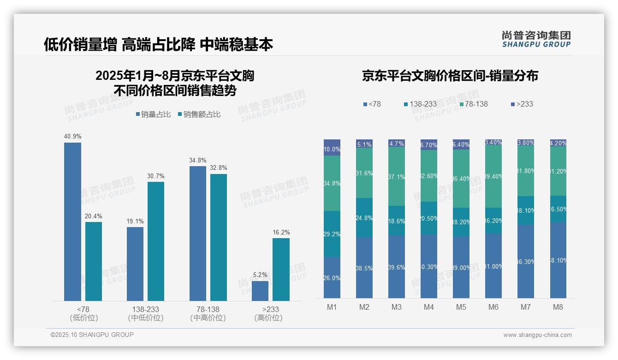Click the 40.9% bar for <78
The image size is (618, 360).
72,222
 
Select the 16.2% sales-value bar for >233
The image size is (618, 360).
281,270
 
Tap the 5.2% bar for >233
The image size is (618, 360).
260,291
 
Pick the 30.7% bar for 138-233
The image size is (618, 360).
156,241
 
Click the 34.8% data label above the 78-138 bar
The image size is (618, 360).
197,160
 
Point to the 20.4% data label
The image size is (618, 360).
94,216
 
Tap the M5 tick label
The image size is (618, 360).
461,307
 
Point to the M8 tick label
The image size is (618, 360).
558,307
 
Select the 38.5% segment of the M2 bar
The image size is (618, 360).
364,268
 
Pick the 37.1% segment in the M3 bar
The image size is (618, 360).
397,176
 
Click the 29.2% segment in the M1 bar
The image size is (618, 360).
332,234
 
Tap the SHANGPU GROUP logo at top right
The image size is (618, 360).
536,39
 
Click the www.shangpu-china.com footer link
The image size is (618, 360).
537,335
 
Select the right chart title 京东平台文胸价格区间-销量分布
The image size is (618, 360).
450,76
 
